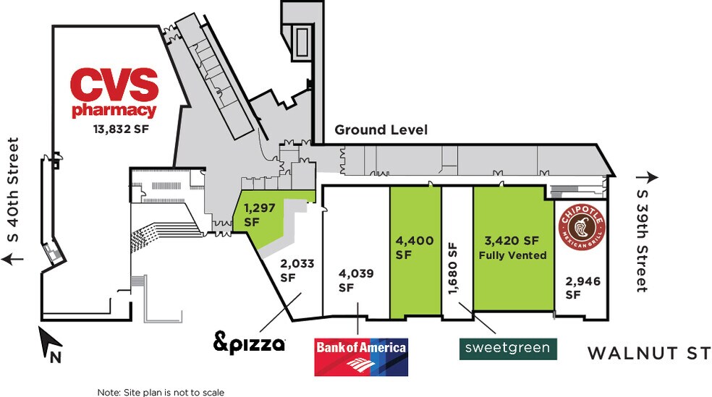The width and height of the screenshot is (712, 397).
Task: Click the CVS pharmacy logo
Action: point(114,93)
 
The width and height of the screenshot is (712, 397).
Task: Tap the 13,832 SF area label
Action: point(122,129)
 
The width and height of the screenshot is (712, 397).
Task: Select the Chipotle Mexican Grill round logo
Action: point(581,228)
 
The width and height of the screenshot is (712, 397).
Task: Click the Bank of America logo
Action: point(361,357)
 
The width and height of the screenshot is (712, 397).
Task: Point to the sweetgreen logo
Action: point(508,349)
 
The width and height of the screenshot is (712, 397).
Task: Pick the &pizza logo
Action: point(250,343)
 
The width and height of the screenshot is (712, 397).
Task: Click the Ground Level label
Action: point(381,130)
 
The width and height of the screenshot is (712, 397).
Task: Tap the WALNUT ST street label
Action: point(649,353)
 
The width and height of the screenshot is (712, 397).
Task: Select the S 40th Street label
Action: point(13,189)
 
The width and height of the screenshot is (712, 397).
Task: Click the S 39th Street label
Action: point(642,241)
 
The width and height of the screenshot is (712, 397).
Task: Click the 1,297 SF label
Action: point(260,215)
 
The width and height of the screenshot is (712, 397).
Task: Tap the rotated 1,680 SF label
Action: point(452,268)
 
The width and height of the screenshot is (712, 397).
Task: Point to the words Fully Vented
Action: point(512,255)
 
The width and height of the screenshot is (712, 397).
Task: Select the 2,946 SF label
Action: point(582,288)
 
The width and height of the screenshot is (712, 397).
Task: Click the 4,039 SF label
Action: point(356,281)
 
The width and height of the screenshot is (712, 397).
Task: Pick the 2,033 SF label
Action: point(297,270)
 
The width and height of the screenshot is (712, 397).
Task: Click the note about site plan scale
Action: point(161,392)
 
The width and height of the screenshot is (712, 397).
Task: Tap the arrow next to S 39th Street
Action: point(647,177)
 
